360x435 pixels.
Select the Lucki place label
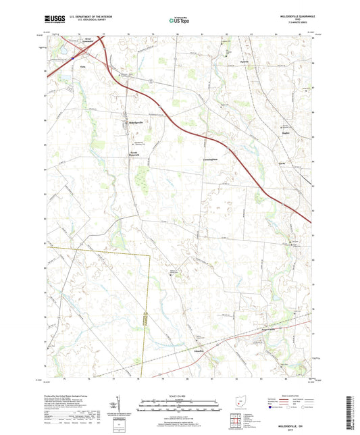point(284,163)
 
